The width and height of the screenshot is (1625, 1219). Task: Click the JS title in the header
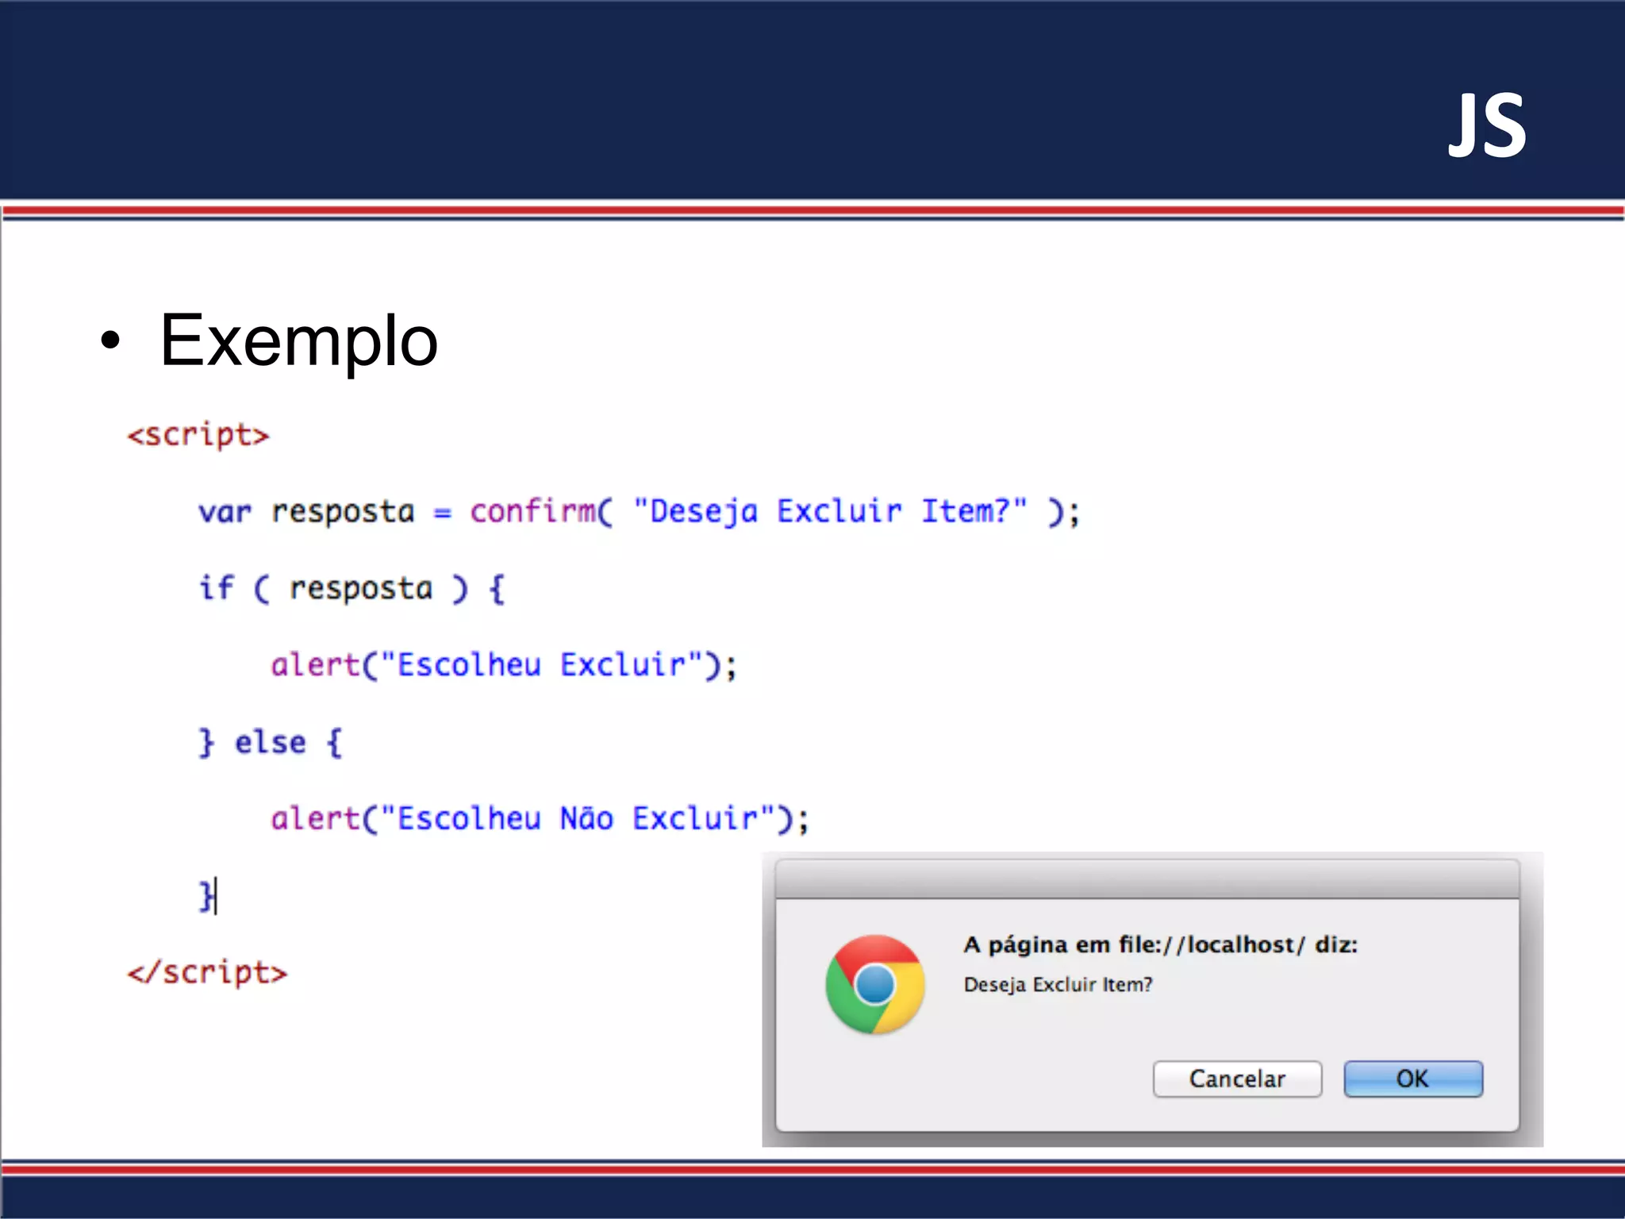(1487, 126)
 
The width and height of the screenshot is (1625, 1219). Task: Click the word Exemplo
(298, 340)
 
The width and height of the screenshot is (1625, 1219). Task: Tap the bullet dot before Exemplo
(111, 340)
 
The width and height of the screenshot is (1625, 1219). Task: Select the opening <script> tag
(198, 436)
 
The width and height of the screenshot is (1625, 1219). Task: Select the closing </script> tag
(207, 973)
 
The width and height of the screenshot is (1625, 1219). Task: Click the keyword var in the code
(225, 513)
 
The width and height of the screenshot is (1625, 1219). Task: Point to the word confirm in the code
(532, 511)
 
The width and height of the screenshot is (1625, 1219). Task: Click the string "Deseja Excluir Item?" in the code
(830, 511)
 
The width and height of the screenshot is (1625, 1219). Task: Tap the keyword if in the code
(216, 588)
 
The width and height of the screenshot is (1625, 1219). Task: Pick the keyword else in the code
(270, 743)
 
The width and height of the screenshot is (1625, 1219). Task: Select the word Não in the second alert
(586, 818)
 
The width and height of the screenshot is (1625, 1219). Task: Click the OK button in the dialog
(1412, 1079)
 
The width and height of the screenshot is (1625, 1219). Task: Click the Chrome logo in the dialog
(874, 985)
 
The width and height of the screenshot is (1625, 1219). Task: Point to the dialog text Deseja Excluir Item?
(1058, 985)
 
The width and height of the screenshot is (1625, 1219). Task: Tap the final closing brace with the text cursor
(206, 896)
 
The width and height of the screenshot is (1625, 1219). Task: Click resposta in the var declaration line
(343, 513)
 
